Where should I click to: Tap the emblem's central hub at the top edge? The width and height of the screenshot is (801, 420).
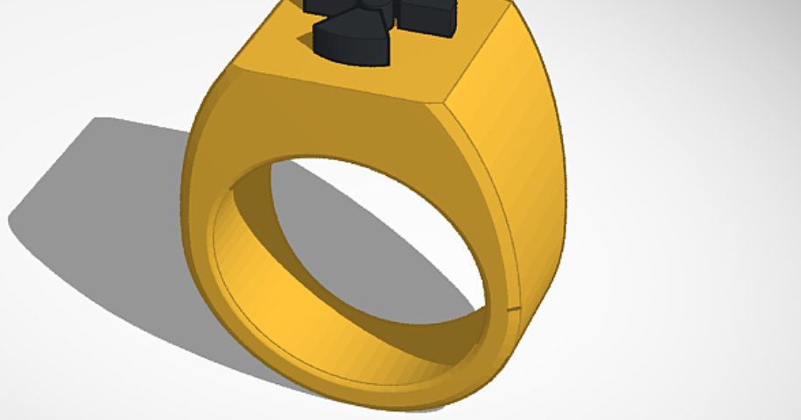372,4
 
